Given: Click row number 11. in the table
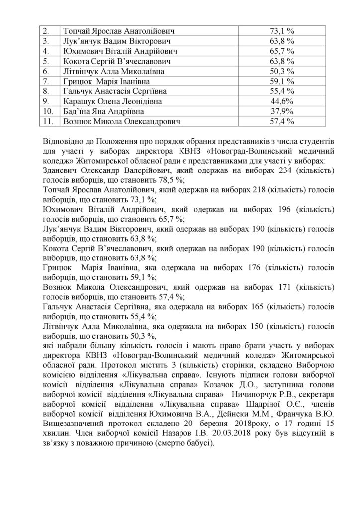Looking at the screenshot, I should (49, 120).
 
